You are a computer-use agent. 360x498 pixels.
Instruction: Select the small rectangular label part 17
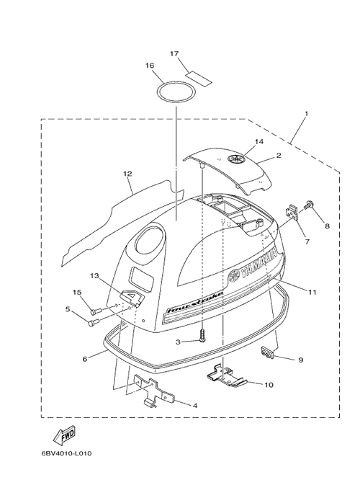[x=199, y=78]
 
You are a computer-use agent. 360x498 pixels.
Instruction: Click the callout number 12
[x=128, y=174]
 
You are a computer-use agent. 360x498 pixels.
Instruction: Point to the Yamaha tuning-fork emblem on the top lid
[x=236, y=159]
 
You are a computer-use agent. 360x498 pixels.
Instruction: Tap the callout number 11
[x=312, y=292]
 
